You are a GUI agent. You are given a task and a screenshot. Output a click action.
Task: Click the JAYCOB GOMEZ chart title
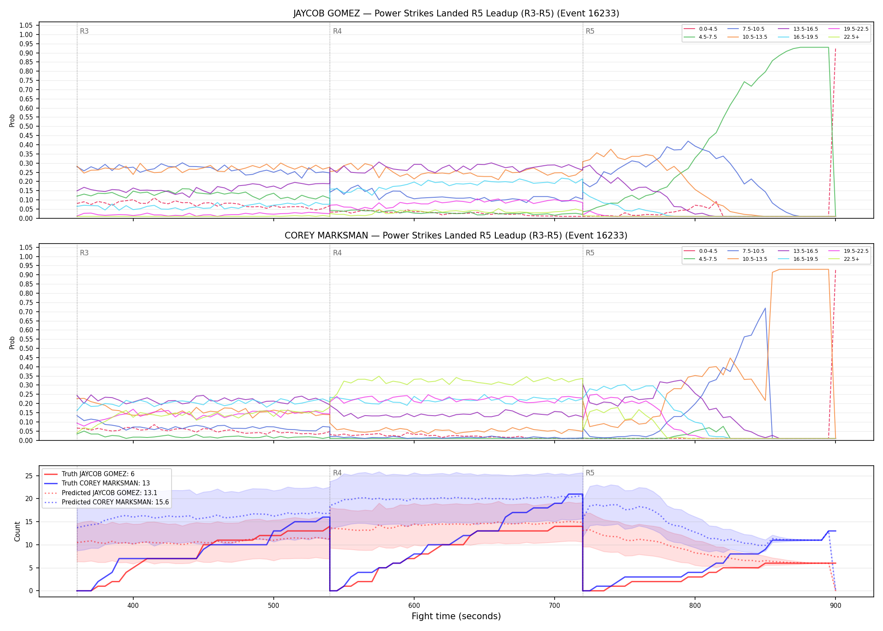456,13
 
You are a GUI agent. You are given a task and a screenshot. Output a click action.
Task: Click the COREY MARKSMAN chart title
456,236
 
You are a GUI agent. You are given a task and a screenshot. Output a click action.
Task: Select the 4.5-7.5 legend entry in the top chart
701,37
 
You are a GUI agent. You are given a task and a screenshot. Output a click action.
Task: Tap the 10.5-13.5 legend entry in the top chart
747,37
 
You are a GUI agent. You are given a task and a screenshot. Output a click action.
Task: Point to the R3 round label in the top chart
84,31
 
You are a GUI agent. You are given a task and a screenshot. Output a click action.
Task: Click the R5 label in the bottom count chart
590,473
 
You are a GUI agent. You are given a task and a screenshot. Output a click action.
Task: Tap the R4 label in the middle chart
337,253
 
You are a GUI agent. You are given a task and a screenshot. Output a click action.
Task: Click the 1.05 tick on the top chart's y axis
26,26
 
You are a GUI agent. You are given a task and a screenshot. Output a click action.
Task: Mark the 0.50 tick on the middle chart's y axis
26,348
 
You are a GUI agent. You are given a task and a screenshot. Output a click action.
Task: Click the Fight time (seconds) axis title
456,617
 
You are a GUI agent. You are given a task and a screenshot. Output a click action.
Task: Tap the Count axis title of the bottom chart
17,531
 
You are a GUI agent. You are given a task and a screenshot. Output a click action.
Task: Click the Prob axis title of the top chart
12,120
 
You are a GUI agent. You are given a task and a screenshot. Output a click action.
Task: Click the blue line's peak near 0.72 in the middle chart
765,308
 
